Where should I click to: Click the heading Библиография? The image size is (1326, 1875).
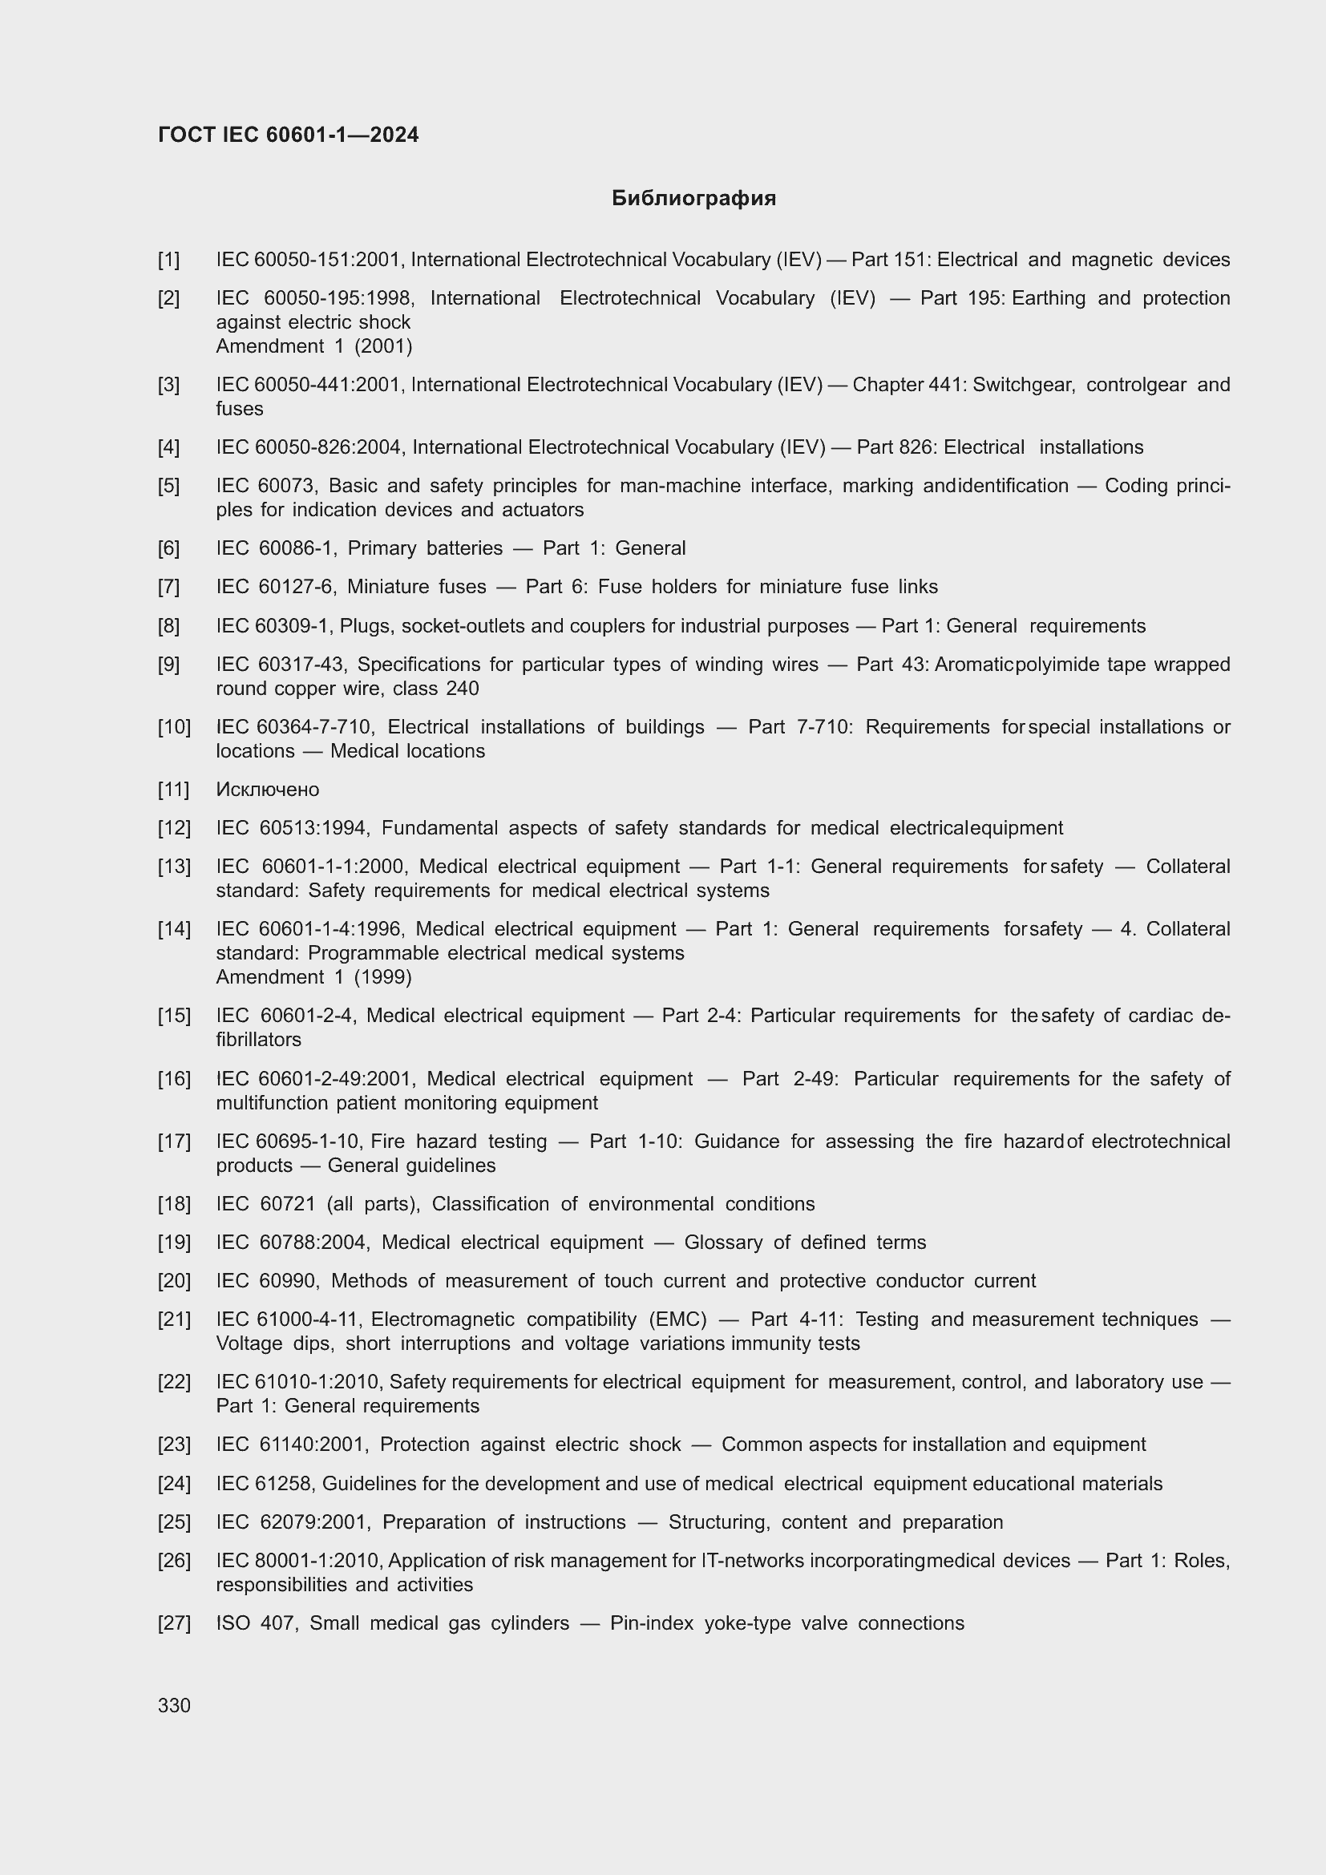point(693,199)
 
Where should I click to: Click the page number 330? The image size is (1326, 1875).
point(174,1705)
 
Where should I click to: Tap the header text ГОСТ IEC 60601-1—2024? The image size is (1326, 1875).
point(289,135)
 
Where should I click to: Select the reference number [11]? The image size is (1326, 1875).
point(173,790)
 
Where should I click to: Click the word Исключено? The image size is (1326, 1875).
point(267,790)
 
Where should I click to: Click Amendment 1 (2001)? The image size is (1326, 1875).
point(313,346)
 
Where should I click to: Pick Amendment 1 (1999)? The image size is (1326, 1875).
point(313,977)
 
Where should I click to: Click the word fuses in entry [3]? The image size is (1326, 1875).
point(239,408)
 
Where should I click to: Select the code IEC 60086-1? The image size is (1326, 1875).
point(275,548)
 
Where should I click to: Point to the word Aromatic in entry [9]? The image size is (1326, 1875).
point(972,665)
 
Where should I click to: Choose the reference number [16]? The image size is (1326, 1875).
point(174,1079)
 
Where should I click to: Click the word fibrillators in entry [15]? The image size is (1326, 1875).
point(258,1040)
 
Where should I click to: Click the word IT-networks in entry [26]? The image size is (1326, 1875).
point(753,1561)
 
